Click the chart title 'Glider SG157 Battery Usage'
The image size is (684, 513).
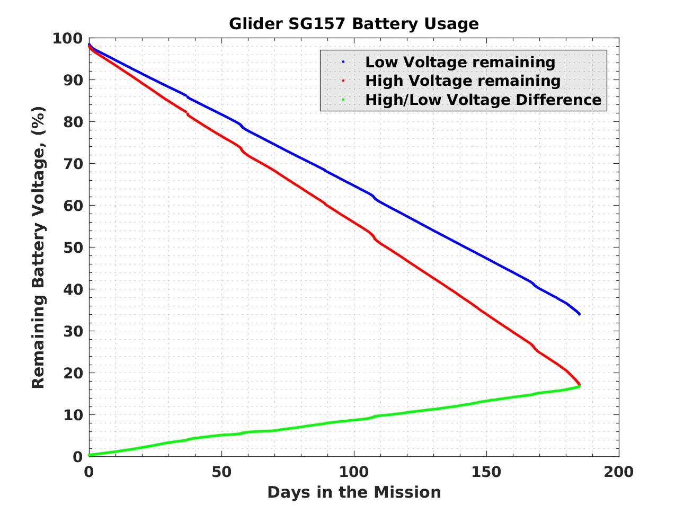pyautogui.click(x=353, y=24)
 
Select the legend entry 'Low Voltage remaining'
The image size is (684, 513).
pyautogui.click(x=460, y=62)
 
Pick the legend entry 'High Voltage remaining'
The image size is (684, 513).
pyautogui.click(x=463, y=81)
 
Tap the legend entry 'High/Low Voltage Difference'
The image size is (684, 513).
pyautogui.click(x=483, y=100)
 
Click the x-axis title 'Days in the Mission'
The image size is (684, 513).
pyautogui.click(x=353, y=492)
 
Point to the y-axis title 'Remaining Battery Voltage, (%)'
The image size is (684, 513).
pyautogui.click(x=38, y=247)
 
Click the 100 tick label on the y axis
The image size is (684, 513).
pyautogui.click(x=67, y=38)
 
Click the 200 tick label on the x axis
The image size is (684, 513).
pyautogui.click(x=618, y=472)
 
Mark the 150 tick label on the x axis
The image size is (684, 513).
pyautogui.click(x=486, y=472)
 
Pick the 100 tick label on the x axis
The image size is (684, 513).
pyautogui.click(x=353, y=472)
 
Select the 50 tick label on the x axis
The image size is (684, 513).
pyautogui.click(x=221, y=472)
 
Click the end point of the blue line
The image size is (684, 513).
pyautogui.click(x=579, y=314)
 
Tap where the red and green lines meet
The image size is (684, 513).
pyautogui.click(x=579, y=385)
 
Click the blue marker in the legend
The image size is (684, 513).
pyautogui.click(x=343, y=62)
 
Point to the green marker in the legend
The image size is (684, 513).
pyautogui.click(x=343, y=100)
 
